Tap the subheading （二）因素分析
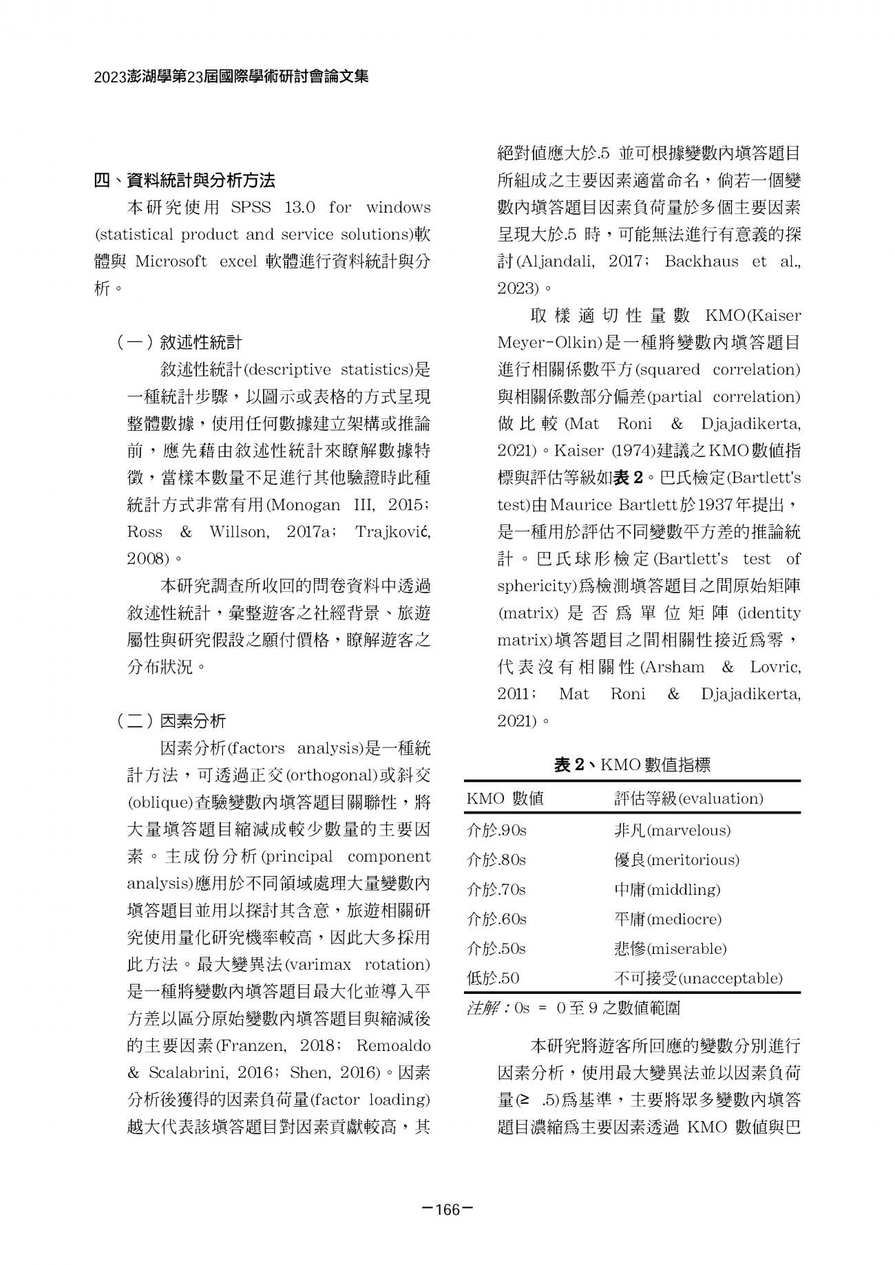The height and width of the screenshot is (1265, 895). point(171,721)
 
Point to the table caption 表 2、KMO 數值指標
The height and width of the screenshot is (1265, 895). point(632,764)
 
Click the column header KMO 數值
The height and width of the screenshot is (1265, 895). point(505,798)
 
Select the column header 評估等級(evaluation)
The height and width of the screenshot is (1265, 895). point(688,798)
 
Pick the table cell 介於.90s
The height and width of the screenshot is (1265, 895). point(496,830)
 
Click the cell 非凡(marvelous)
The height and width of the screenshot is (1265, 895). point(672,830)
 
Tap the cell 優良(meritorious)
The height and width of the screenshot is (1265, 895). point(676,860)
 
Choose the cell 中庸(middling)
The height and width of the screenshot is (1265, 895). point(666,889)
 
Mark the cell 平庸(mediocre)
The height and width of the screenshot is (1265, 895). point(667,919)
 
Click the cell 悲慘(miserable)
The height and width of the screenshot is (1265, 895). point(670,948)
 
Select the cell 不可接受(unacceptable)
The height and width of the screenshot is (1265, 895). point(698,978)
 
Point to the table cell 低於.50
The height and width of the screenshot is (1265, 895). point(493,978)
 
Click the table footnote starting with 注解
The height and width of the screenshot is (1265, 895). point(573,1008)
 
